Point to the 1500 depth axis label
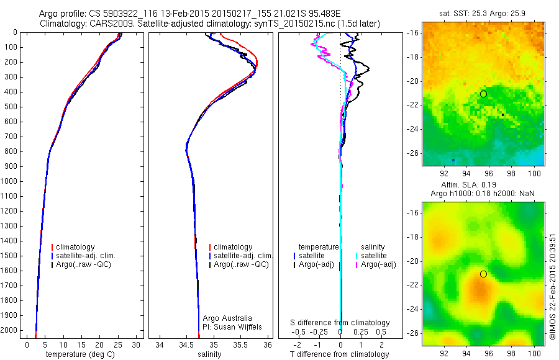pyautogui.click(x=10, y=256)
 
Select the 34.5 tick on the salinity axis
pyautogui.click(x=186, y=344)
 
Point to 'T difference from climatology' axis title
pyautogui.click(x=340, y=354)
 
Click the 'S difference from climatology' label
pyautogui.click(x=340, y=323)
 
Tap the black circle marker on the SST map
pyautogui.click(x=483, y=94)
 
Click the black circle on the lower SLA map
pyautogui.click(x=483, y=274)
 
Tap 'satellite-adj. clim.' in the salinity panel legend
pyautogui.click(x=243, y=256)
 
